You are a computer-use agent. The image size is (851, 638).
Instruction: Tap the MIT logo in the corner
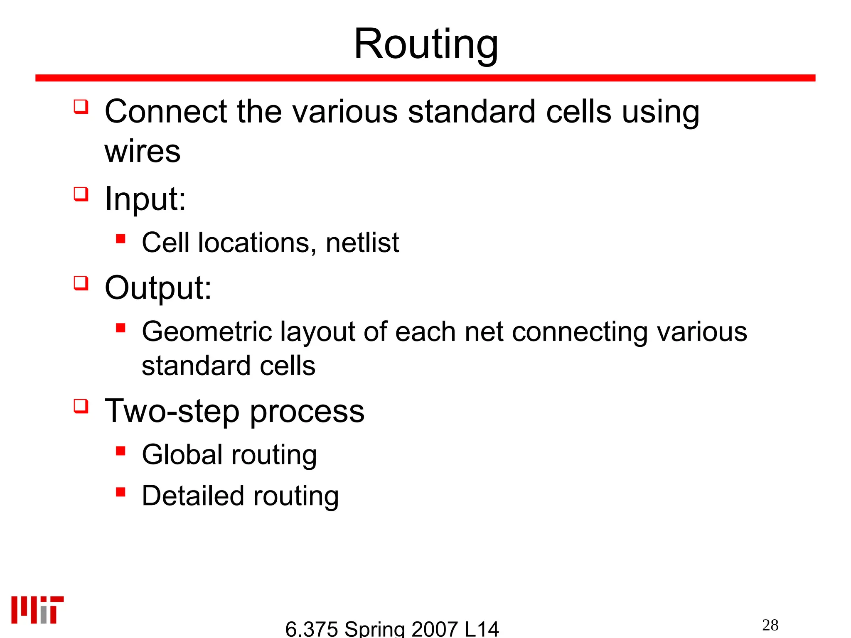pyautogui.click(x=37, y=610)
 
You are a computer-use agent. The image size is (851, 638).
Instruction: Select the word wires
pyautogui.click(x=143, y=151)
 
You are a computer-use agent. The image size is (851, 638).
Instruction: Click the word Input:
pyautogui.click(x=145, y=199)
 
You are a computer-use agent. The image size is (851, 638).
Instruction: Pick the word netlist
pyautogui.click(x=362, y=243)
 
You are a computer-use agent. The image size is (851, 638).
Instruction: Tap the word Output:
pyautogui.click(x=158, y=287)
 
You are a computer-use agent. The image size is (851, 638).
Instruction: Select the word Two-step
pyautogui.click(x=172, y=411)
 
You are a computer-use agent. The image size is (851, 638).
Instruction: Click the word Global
pyautogui.click(x=182, y=454)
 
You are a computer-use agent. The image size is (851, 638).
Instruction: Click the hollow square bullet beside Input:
pyautogui.click(x=81, y=194)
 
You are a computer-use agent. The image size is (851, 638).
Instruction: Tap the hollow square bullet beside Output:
pyautogui.click(x=81, y=283)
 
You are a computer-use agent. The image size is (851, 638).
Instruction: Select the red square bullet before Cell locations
pyautogui.click(x=121, y=239)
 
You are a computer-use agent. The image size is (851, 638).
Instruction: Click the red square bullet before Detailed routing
pyautogui.click(x=121, y=492)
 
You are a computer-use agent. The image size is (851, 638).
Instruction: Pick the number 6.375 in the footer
pyautogui.click(x=311, y=629)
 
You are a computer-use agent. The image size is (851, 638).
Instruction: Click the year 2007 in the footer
pyautogui.click(x=434, y=629)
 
